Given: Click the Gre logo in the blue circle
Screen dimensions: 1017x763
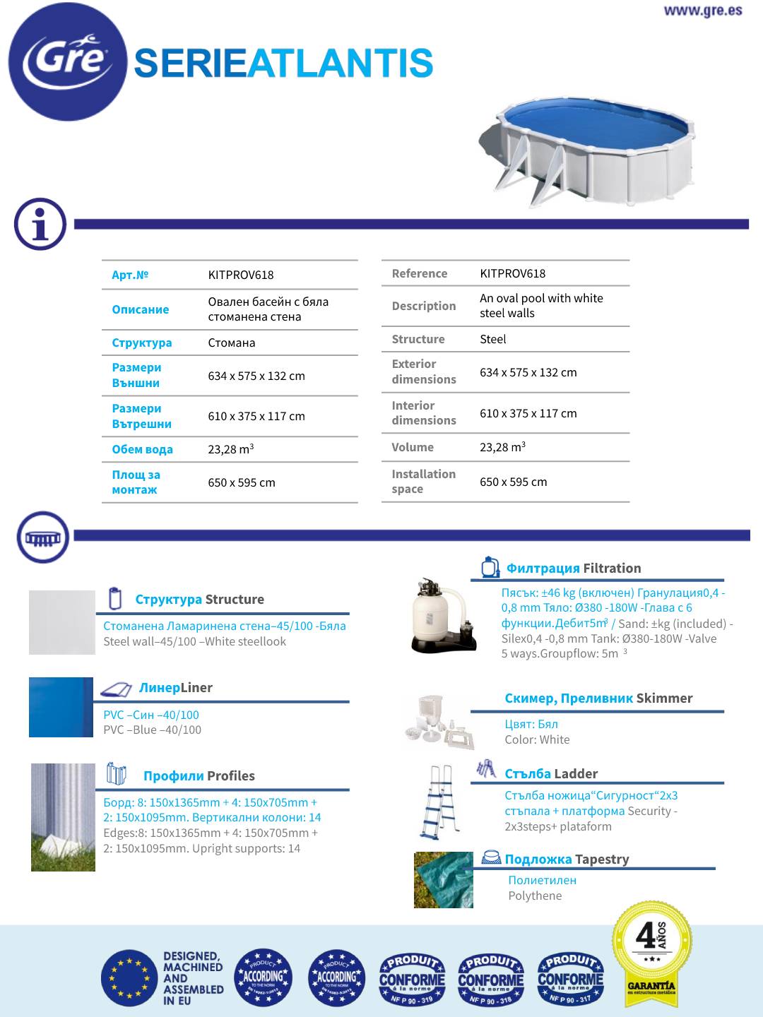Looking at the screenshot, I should pos(67,61).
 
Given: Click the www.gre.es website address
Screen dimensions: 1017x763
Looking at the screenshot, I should pos(702,11).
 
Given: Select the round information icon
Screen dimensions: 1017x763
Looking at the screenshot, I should pos(40,224).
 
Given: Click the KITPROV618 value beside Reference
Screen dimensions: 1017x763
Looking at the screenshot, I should pos(512,273).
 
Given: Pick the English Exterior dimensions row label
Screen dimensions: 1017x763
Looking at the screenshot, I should pos(423,371).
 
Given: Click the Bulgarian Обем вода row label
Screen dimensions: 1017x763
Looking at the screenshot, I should pos(142,449).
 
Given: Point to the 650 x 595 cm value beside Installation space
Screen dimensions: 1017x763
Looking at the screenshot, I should pos(513,482).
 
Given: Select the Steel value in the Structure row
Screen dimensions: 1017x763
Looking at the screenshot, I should pos(492,339).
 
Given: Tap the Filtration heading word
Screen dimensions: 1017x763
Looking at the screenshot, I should pos(612,568).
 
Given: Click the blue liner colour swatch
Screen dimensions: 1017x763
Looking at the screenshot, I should pos(61,707).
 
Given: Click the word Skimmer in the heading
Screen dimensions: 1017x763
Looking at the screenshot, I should pos(664,698).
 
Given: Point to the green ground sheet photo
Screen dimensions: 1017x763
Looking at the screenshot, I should pos(443,879).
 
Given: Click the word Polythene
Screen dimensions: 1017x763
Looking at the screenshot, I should pos(535,896).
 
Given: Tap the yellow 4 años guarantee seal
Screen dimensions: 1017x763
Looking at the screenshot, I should pos(651,951).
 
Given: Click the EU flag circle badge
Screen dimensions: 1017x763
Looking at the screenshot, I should pos(129,978).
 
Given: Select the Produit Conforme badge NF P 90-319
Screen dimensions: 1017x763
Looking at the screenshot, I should pos(412,978).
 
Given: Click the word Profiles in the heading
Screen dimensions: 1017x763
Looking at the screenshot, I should pos(230,775).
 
